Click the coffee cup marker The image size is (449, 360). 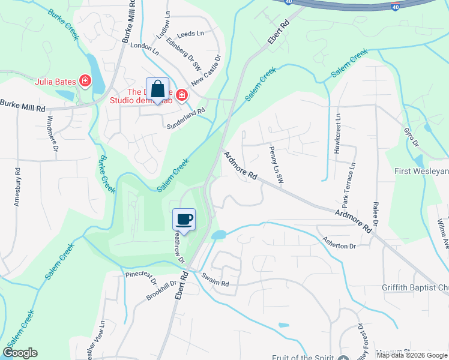tap(184, 219)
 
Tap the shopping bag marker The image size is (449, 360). tap(157, 89)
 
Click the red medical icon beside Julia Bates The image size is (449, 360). tap(85, 80)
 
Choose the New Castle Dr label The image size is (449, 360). tap(206, 70)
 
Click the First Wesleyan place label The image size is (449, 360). tap(421, 172)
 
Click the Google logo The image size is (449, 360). tap(20, 353)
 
